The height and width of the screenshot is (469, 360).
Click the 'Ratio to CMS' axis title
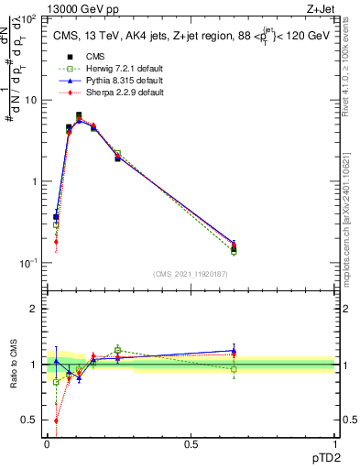(x=12, y=365)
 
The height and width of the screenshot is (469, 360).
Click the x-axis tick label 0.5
(x=191, y=443)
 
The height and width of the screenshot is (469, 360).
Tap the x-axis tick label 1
(x=333, y=443)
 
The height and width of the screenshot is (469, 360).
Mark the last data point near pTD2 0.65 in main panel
(x=234, y=246)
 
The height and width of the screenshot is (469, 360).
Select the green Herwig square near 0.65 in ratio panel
(x=234, y=369)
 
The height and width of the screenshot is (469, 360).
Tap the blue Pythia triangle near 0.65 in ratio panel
(x=234, y=350)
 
